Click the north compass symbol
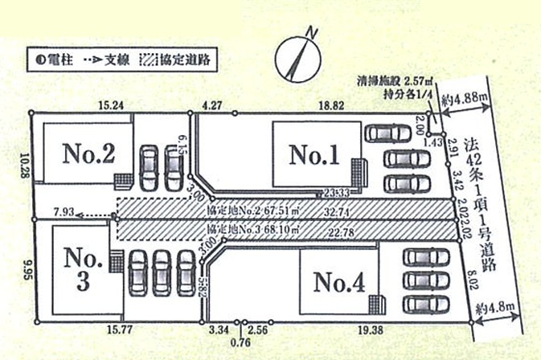[296, 57]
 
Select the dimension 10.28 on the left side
[26, 166]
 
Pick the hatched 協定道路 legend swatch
[150, 59]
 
